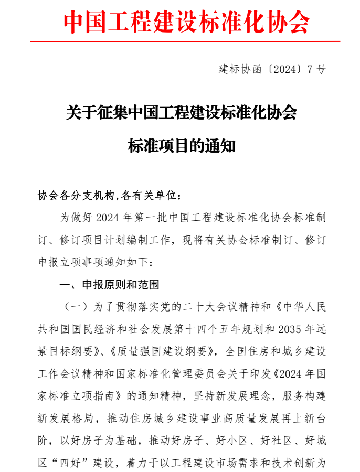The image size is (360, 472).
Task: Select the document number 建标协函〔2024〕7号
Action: (271, 69)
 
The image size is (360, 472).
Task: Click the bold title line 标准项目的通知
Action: (182, 145)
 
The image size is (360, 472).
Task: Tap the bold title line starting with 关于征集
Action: (182, 113)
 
